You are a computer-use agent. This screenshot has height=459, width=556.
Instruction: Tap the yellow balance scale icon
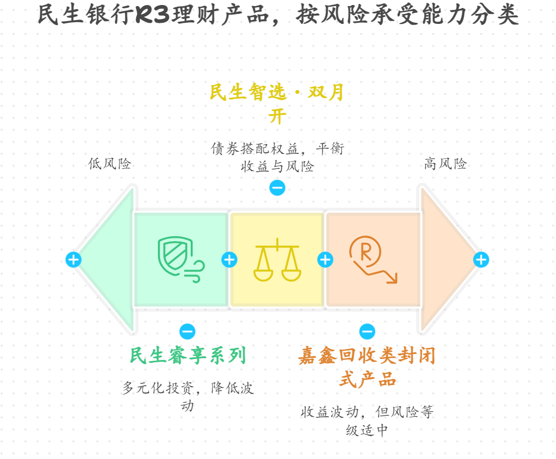pos(277,259)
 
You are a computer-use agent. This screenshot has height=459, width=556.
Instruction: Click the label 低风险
pos(110,164)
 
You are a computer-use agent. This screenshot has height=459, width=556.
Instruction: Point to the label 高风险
pos(445,164)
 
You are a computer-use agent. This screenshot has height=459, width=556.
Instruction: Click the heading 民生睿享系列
pos(187,356)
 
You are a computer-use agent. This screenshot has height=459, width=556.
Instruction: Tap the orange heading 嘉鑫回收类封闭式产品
pos(367,367)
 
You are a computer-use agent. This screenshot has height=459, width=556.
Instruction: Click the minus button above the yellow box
pos(277,188)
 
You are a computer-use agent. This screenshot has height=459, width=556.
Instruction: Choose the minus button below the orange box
pos(367,332)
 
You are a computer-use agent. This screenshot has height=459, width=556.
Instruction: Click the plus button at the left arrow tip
pos(73,260)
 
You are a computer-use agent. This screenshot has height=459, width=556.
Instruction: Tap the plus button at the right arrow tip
pos(481,260)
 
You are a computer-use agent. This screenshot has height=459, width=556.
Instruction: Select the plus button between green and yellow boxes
pos(229,260)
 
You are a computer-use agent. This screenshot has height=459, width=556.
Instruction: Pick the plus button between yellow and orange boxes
pos(325,260)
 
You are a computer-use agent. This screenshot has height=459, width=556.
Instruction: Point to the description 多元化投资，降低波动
pos(187,396)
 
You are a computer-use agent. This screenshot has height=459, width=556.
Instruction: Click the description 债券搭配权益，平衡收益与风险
pos(277,157)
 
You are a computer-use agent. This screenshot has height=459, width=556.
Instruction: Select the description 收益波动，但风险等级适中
pos(367,421)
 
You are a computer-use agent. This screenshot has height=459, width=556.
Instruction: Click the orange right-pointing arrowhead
pos(445,259)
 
